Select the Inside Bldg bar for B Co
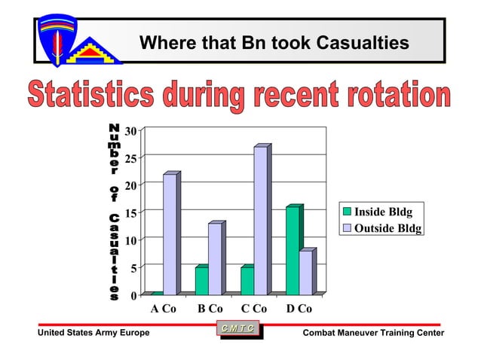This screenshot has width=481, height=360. pyautogui.click(x=201, y=280)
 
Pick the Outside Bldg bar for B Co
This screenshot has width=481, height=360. pyautogui.click(x=215, y=258)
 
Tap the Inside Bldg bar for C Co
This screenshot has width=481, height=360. pyautogui.click(x=247, y=280)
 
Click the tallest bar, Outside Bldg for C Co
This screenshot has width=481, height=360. pyautogui.click(x=260, y=220)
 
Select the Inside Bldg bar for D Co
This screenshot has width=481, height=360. pyautogui.click(x=293, y=250)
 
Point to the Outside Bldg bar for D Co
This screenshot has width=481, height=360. pyautogui.click(x=305, y=272)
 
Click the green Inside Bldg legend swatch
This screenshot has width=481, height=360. pyautogui.click(x=348, y=212)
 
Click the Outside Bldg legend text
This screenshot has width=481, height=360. pyautogui.click(x=388, y=227)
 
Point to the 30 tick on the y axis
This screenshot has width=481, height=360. pyautogui.click(x=130, y=132)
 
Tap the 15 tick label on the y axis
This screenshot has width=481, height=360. pyautogui.click(x=130, y=213)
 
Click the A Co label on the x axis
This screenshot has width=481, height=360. pyautogui.click(x=164, y=308)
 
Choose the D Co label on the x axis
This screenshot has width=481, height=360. pyautogui.click(x=299, y=308)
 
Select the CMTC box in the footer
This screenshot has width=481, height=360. pyautogui.click(x=239, y=328)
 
